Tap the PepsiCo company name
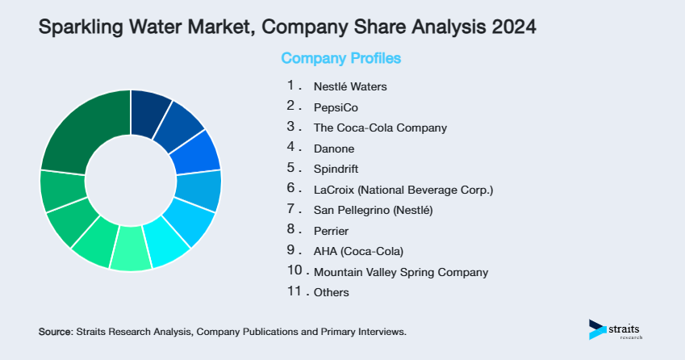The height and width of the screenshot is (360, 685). tap(336, 107)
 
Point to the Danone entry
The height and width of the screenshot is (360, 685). tap(334, 149)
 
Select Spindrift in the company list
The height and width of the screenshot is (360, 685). tap(336, 170)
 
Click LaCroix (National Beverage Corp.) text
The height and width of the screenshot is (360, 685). tap(403, 190)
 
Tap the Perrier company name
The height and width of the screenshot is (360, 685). tap(332, 231)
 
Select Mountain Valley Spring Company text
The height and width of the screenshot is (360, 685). tap(401, 272)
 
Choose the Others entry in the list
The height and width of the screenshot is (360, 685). tap(332, 292)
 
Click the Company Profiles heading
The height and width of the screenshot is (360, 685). tap(340, 58)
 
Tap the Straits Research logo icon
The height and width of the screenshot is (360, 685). tap(598, 329)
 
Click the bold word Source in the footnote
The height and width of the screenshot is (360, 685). tap(55, 332)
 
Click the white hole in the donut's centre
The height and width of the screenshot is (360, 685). tap(131, 180)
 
